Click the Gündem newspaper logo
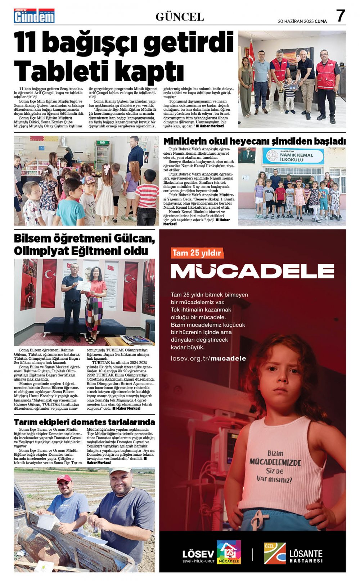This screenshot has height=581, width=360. [34, 16]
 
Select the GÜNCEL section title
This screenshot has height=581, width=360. [180, 17]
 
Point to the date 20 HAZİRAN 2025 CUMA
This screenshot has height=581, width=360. [302, 21]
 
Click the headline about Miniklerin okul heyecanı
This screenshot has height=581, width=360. [254, 141]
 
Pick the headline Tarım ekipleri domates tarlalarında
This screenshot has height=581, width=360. [84, 422]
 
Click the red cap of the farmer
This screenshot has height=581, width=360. [64, 478]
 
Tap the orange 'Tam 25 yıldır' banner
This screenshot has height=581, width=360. [197, 253]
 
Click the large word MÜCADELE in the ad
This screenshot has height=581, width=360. [252, 271]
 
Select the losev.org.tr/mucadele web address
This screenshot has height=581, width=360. [208, 358]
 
